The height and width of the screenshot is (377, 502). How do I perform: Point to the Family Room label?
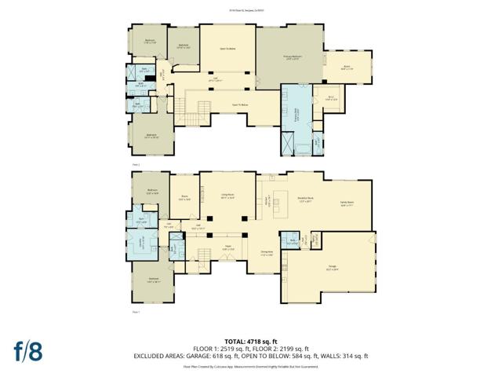[347, 203]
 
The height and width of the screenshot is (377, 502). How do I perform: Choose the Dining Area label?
[267, 252]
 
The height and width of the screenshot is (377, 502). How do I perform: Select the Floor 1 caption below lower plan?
[136, 313]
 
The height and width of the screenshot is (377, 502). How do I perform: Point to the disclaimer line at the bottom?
[251, 365]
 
